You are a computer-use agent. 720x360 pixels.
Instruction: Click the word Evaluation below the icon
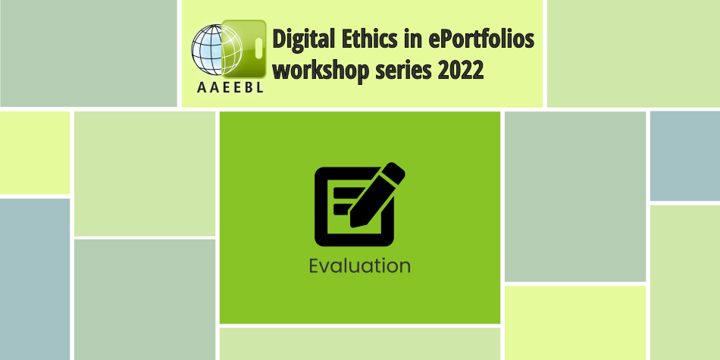359,266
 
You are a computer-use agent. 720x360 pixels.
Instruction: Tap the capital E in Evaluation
315,266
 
